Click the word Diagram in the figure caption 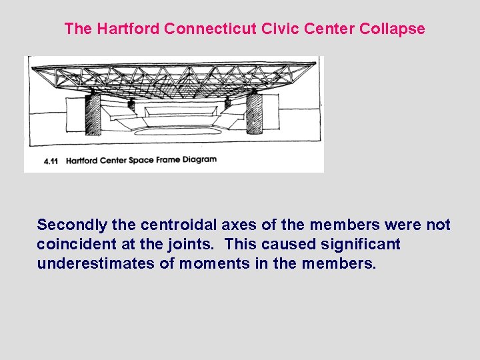(x=198, y=160)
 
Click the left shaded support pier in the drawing (x=93, y=115)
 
